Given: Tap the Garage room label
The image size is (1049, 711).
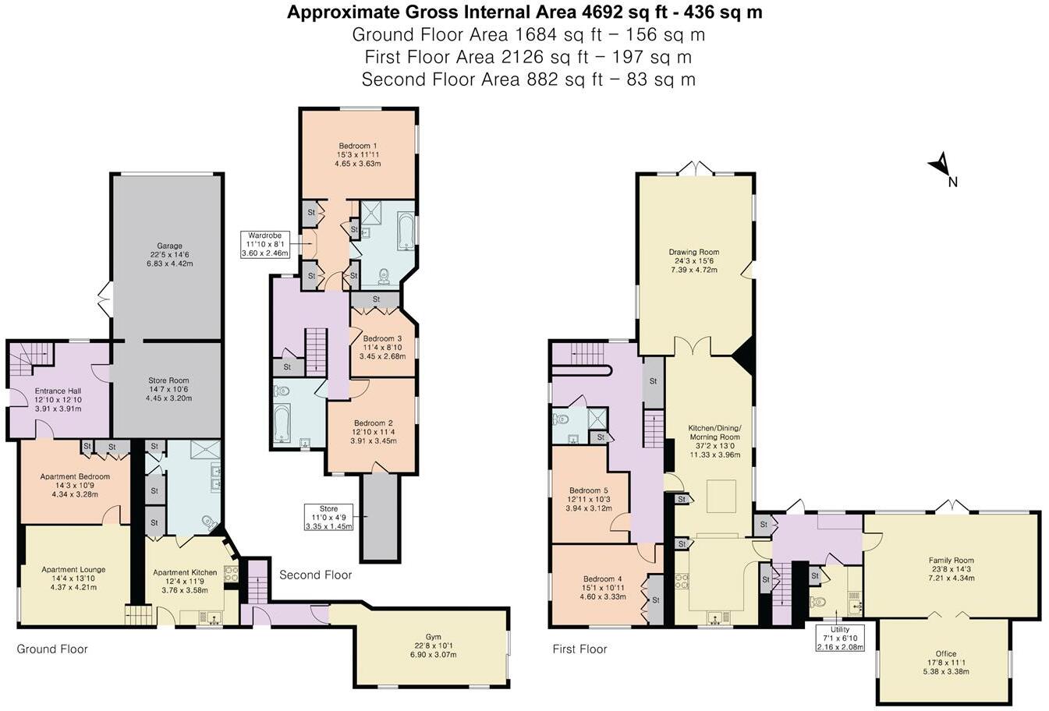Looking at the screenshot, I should [169, 246].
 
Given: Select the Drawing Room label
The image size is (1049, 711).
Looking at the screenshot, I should [693, 253].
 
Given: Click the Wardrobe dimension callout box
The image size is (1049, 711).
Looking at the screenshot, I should [264, 244].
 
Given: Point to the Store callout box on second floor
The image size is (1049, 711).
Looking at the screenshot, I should [328, 517].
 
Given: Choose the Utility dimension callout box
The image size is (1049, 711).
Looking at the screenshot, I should [840, 638].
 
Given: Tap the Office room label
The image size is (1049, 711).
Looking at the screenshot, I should [945, 653].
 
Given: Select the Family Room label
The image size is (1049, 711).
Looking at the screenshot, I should [951, 561].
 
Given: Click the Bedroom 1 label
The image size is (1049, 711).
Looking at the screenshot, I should [358, 146].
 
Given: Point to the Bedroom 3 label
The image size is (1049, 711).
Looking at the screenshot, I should [382, 338].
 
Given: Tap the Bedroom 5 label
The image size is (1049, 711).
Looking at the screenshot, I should [588, 490].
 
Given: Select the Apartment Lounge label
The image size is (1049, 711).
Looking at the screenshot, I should [73, 570].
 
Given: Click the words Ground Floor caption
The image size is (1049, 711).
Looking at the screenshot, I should [52, 649].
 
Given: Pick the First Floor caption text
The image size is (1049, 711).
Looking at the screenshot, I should [579, 649].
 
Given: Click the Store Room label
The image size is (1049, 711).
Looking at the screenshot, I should [168, 381].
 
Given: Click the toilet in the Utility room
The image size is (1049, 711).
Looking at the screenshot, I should [817, 602].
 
